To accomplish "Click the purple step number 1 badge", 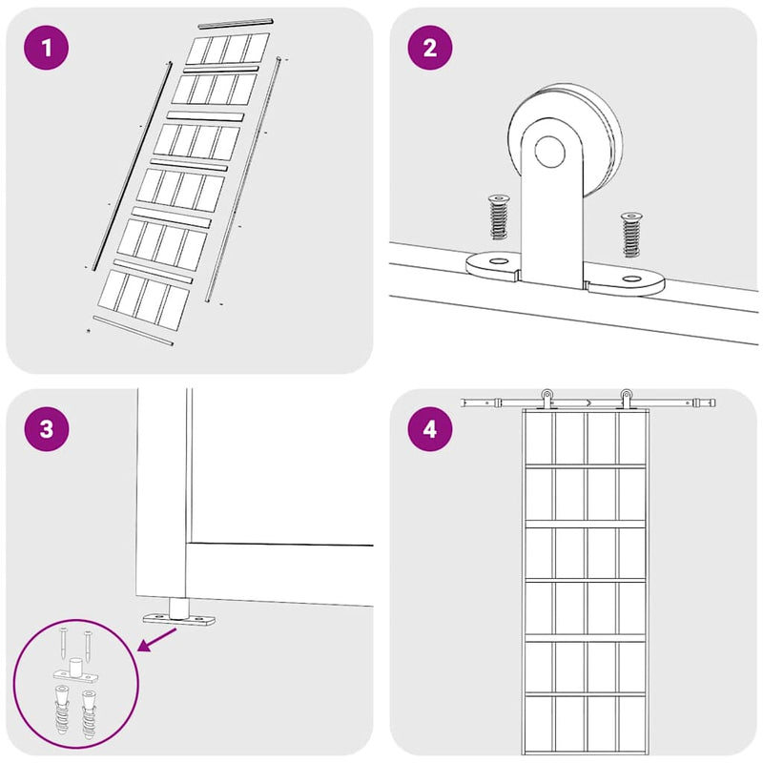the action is pos(46,48).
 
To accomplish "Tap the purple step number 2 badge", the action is pos(430,48).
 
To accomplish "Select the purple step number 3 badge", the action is pos(46,428).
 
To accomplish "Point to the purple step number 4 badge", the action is pos(430,428).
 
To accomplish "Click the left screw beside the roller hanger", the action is pos(498,217).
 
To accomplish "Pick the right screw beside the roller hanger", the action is pos(631,235).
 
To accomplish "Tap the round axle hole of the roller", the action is pos(550,152).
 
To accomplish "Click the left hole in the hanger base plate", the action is pos(498,261).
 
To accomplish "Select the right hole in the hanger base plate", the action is pos(631,278).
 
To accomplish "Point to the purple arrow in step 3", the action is pos(157,639).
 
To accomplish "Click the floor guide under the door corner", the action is pos(179,613).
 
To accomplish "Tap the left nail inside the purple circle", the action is pos(64,641).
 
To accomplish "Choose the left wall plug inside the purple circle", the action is pos(62,709).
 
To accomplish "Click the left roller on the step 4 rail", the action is pos(547,399).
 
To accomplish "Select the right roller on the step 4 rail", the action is pos(626,399).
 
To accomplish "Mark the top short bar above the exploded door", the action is pos(236,23).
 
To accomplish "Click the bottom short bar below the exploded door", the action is pos(133,330).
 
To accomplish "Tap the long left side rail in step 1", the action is pos(132,166).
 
